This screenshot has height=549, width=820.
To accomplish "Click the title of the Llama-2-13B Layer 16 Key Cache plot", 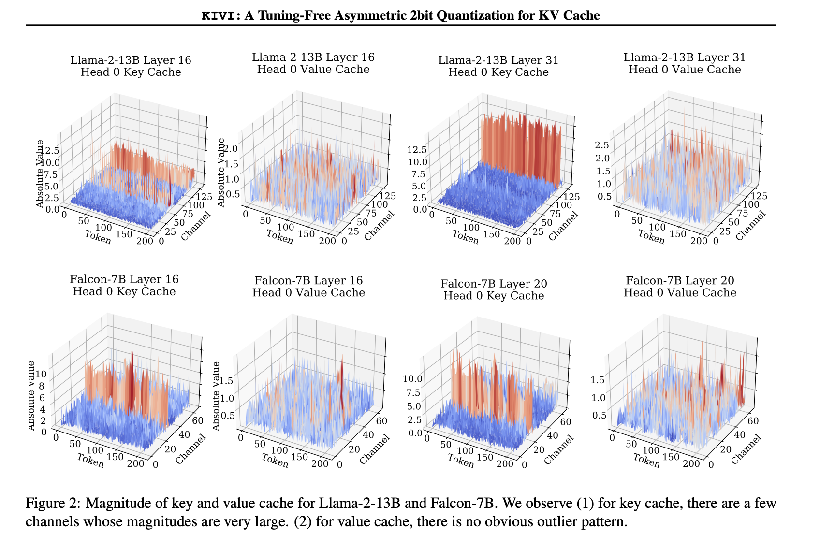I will point(131,66).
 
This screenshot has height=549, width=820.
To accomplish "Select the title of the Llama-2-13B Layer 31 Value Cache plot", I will point(685,63).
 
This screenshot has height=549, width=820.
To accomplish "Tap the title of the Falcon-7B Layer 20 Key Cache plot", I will point(494,289).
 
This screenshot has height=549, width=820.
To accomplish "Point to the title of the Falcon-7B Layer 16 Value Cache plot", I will point(308,287).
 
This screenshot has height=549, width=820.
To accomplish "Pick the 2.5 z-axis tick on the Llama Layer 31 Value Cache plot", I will point(602,145).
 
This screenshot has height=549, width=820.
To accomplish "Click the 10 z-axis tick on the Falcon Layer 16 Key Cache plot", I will point(41,374).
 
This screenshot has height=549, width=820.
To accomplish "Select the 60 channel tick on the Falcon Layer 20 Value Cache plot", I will point(753,421).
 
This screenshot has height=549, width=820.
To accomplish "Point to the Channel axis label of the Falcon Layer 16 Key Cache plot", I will point(190,449).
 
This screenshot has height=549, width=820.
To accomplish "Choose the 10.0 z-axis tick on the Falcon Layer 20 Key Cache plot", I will point(412,379).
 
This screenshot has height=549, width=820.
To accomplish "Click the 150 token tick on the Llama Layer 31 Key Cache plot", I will point(492,234).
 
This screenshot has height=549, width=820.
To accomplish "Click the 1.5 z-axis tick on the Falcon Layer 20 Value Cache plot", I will point(598,380).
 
